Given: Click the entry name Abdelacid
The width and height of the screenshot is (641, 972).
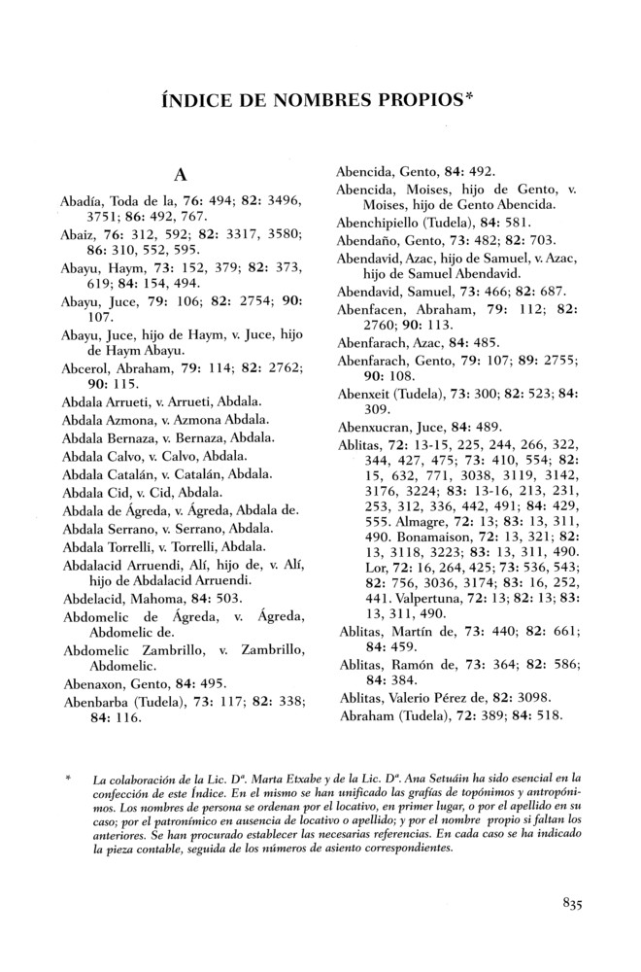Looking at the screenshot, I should click(94, 600).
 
